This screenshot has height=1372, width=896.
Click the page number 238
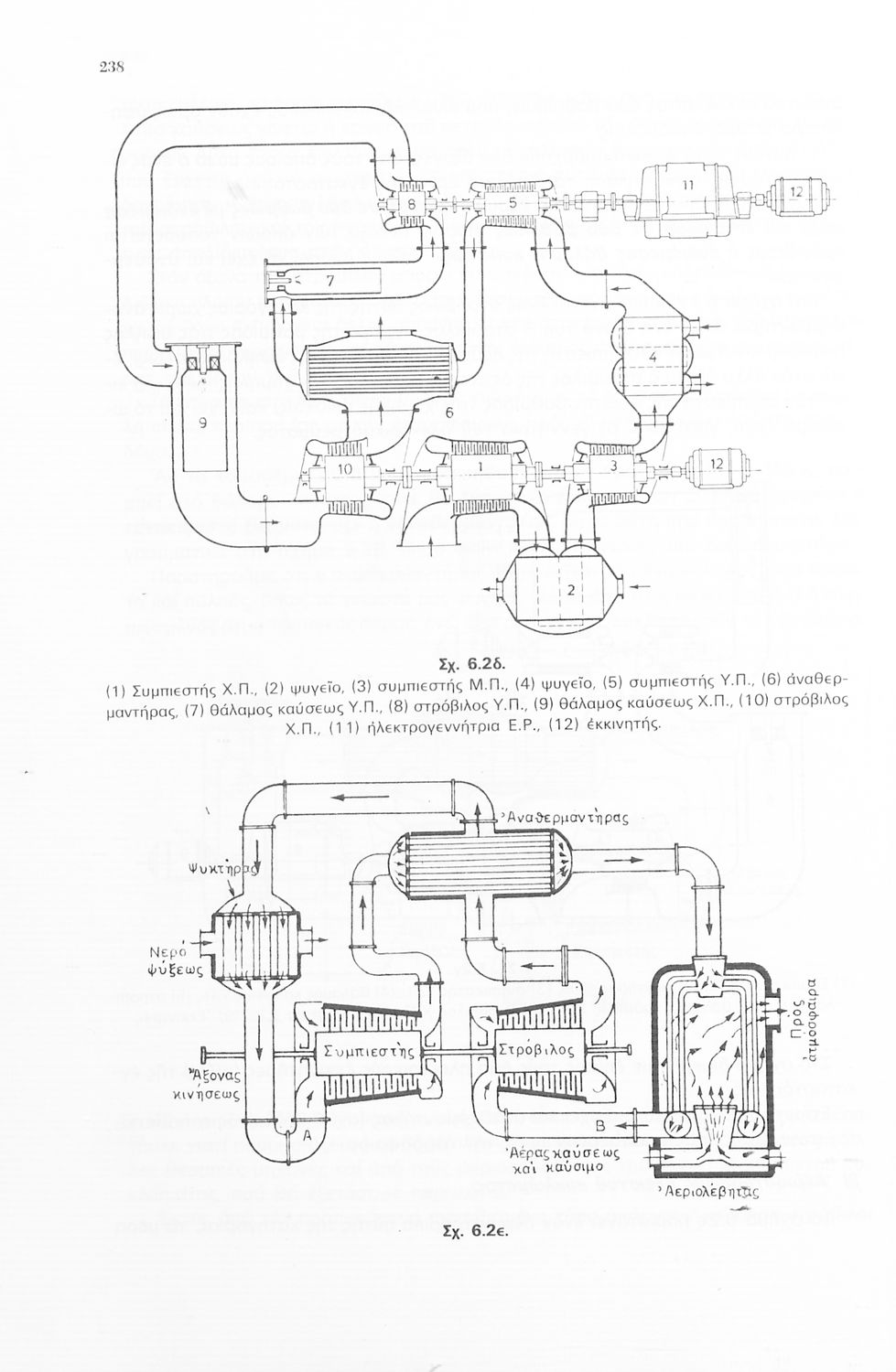[111, 67]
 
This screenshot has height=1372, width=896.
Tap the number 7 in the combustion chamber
[329, 282]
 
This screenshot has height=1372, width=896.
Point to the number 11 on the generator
[687, 185]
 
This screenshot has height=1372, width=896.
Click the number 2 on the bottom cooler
[570, 590]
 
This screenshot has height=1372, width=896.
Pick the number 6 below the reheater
[449, 413]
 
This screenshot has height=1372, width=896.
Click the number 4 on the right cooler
[653, 359]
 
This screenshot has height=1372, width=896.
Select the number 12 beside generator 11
[795, 192]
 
